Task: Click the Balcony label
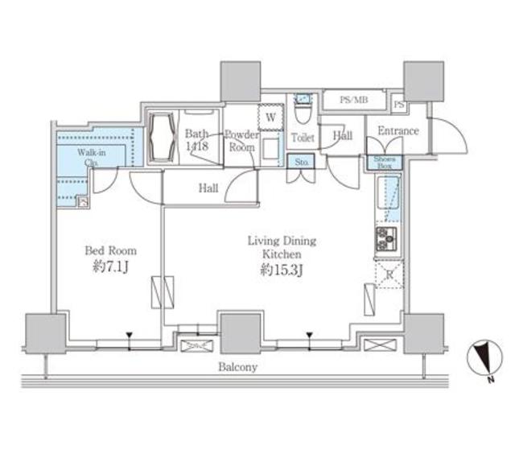(x=236, y=367)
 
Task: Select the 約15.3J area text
(x=281, y=270)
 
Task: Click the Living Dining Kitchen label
(x=281, y=247)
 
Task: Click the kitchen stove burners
(x=385, y=238)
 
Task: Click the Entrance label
(x=398, y=131)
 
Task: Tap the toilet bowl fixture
(x=303, y=106)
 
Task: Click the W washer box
(x=270, y=118)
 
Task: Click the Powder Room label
(x=240, y=141)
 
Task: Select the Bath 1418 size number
(x=197, y=146)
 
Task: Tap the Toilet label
(x=303, y=138)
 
